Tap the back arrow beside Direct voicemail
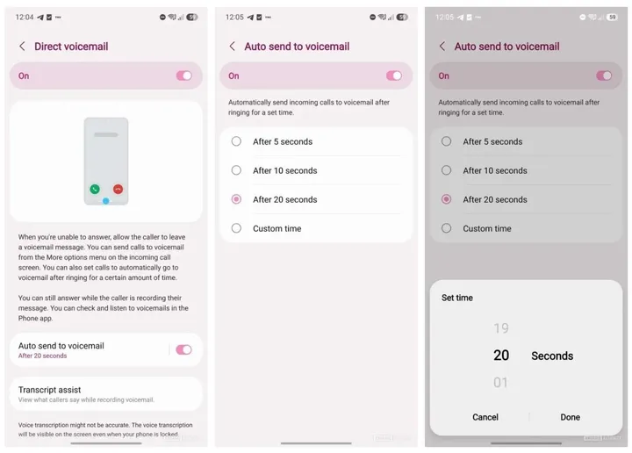[x=22, y=47]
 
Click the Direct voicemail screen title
[x=71, y=47]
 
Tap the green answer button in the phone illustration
[x=94, y=189]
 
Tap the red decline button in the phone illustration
[x=118, y=189]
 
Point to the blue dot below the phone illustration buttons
[x=105, y=201]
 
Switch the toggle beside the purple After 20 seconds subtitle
[x=183, y=349]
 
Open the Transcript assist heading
[x=50, y=390]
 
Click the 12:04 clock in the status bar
[x=25, y=17]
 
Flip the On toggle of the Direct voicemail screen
[x=183, y=75]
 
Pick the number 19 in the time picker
[x=500, y=328]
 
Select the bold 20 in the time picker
[x=500, y=356]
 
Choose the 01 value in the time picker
[x=500, y=383]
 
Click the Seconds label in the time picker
[x=552, y=356]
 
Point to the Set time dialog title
[x=457, y=298]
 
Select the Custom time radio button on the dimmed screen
[x=447, y=228]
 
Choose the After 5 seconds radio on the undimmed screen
[x=236, y=141]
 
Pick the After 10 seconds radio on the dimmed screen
[x=447, y=170]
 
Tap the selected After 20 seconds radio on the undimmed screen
[x=236, y=199]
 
